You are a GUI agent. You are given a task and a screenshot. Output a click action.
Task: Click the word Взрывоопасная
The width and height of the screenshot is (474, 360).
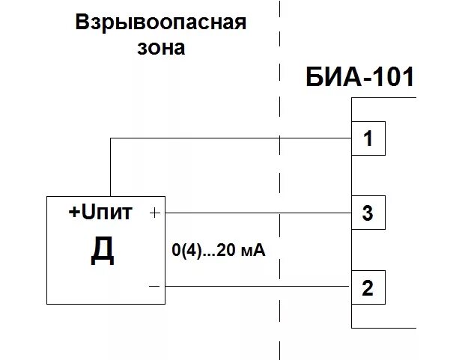pyautogui.click(x=160, y=22)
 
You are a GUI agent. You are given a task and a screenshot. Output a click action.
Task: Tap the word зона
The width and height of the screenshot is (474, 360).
pyautogui.click(x=160, y=48)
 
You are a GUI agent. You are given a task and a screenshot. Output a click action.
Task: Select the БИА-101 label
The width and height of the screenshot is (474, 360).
pyautogui.click(x=359, y=77)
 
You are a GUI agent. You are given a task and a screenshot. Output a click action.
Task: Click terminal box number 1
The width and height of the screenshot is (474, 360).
pyautogui.click(x=368, y=138)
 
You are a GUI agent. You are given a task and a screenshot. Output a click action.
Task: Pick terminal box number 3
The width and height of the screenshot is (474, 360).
pyautogui.click(x=368, y=213)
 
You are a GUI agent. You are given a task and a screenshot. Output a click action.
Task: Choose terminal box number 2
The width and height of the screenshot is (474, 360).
pyautogui.click(x=368, y=287)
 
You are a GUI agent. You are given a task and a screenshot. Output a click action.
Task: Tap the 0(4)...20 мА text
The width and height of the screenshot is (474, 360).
pyautogui.click(x=219, y=252)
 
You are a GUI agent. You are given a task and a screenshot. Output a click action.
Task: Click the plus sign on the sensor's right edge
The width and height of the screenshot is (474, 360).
pyautogui.click(x=155, y=213)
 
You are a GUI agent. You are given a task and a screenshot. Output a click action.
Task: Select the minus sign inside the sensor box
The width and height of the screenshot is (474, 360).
pyautogui.click(x=154, y=286)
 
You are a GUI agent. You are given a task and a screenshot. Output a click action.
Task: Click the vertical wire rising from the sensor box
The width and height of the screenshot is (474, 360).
pyautogui.click(x=111, y=168)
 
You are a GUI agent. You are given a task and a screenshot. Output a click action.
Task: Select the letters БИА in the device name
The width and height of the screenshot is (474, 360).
pyautogui.click(x=332, y=77)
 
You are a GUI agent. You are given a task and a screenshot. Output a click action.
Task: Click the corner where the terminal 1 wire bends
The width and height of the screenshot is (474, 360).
pyautogui.click(x=111, y=138)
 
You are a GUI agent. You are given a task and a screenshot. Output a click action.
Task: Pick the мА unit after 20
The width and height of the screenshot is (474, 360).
pyautogui.click(x=253, y=252)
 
